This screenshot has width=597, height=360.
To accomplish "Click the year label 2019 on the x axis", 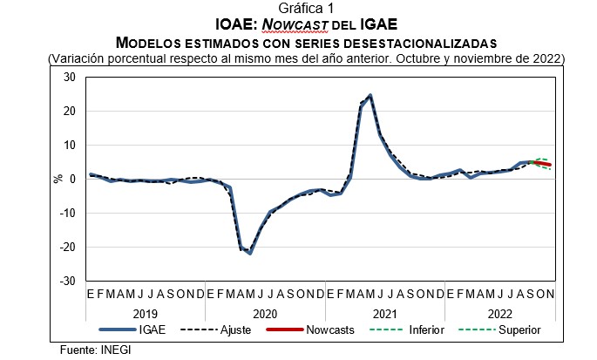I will click(x=145, y=312).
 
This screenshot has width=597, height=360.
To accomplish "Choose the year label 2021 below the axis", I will click(x=384, y=312).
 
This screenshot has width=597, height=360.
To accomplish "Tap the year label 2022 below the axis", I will click(x=499, y=312).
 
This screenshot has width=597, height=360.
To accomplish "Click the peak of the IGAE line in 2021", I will click(x=370, y=95).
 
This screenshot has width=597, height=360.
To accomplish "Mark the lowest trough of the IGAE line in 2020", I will click(x=250, y=253).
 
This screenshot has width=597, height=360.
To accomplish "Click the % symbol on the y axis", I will click(x=58, y=180).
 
